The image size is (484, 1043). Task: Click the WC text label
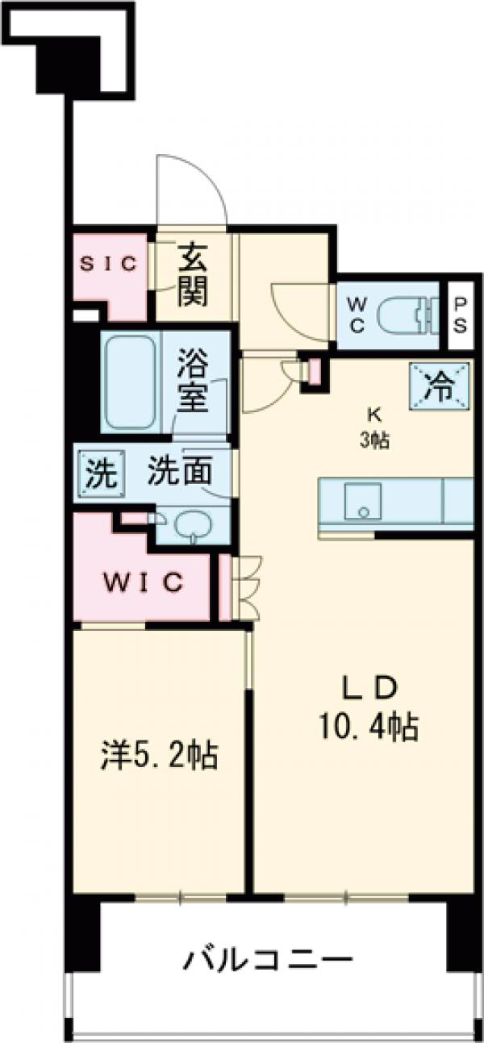(x=357, y=315)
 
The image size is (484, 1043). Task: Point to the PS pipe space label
(x=460, y=315)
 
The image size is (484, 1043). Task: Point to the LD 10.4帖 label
(x=369, y=710)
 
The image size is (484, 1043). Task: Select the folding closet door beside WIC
(x=241, y=586)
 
